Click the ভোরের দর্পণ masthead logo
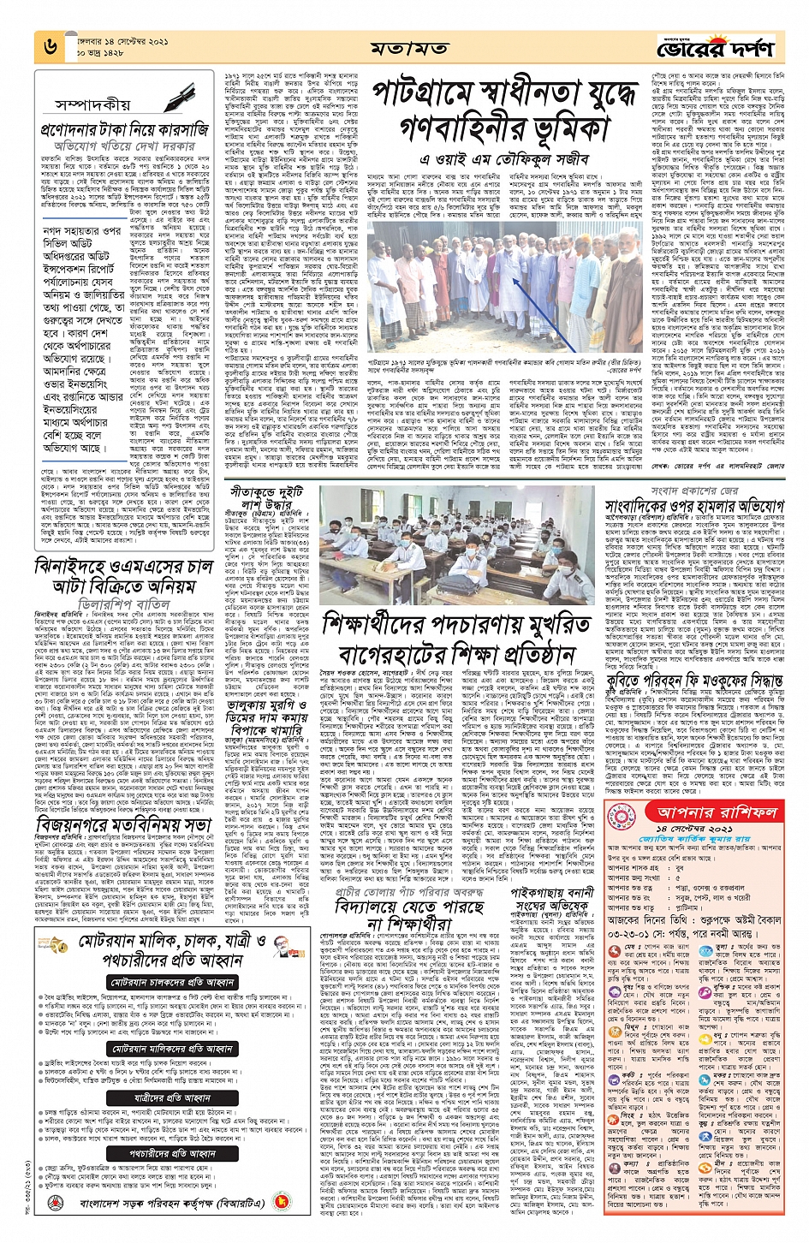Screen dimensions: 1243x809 coord(714,47)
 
